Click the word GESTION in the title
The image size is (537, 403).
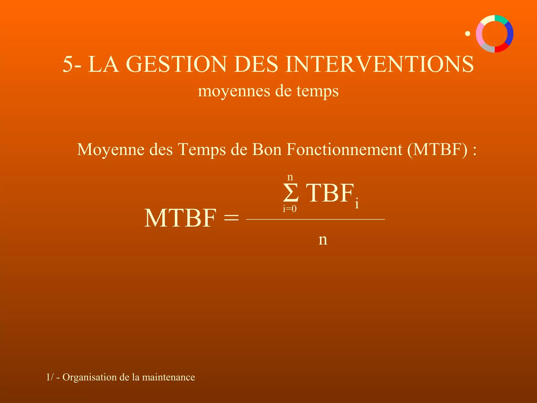176,65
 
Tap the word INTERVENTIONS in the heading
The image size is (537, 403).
380,65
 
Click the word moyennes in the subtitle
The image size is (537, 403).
234,91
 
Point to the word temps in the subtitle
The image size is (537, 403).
318,91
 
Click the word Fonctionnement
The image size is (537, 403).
344,150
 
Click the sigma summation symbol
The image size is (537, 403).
291,193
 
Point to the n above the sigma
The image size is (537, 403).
290,177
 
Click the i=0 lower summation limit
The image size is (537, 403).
290,209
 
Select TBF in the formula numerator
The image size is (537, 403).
330,193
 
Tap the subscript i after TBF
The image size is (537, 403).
357,203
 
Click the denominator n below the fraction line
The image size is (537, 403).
323,240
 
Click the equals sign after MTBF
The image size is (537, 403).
231,218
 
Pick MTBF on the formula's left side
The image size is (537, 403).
180,218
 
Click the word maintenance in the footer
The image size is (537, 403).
168,377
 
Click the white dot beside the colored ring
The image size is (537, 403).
468,34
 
